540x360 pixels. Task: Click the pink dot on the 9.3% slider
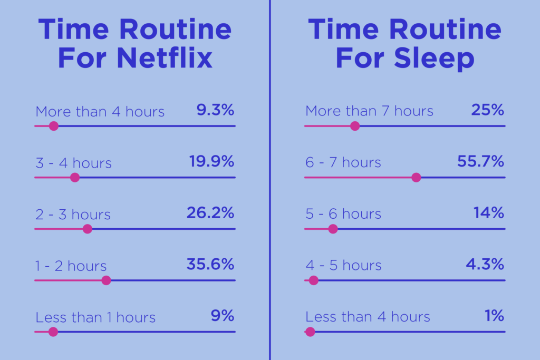[54, 126]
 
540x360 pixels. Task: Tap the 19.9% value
[211, 161]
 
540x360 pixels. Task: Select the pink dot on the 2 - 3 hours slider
[88, 229]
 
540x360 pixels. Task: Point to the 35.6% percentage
[210, 264]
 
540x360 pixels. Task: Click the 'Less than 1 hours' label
[95, 317]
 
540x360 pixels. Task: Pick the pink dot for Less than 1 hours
[53, 332]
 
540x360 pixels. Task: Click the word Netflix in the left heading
[165, 58]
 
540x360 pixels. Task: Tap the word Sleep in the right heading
[434, 59]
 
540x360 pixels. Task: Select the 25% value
[487, 110]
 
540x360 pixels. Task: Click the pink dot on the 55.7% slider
[417, 178]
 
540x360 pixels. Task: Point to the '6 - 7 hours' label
[343, 162]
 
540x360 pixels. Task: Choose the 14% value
[489, 213]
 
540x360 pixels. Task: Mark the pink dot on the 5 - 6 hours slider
[333, 229]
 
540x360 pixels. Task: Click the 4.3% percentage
[485, 264]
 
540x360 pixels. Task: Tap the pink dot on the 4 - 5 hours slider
[313, 280]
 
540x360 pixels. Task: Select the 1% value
[494, 316]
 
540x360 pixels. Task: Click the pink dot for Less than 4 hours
[310, 332]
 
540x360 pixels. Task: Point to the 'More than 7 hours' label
[369, 111]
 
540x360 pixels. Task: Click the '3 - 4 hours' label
[73, 163]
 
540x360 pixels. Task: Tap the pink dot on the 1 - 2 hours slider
[107, 280]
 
